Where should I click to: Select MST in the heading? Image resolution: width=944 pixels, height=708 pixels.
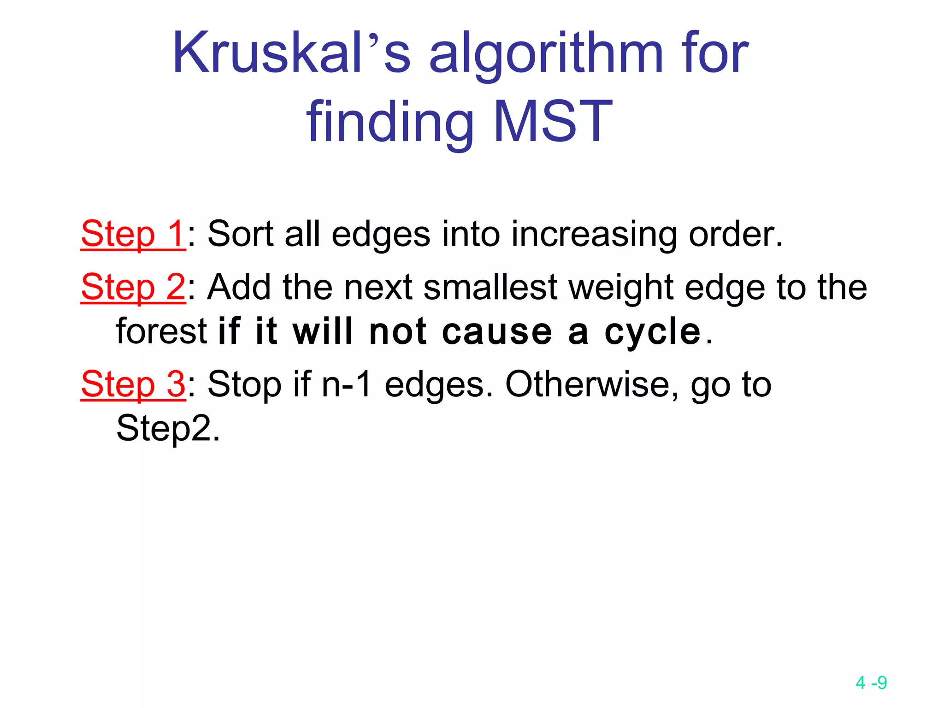point(553,121)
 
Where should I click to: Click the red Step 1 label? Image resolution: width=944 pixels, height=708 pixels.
point(133,234)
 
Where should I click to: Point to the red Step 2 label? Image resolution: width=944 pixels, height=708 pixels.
point(133,287)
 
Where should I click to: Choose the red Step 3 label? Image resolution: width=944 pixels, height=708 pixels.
point(133,384)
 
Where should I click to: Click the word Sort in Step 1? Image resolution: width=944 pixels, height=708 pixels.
point(240,234)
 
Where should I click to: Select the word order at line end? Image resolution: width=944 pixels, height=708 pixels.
point(735,234)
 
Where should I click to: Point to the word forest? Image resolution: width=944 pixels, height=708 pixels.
point(162,331)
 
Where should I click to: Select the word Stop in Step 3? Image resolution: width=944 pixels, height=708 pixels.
point(244,385)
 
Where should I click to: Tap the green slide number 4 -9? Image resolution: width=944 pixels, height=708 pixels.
point(871,683)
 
